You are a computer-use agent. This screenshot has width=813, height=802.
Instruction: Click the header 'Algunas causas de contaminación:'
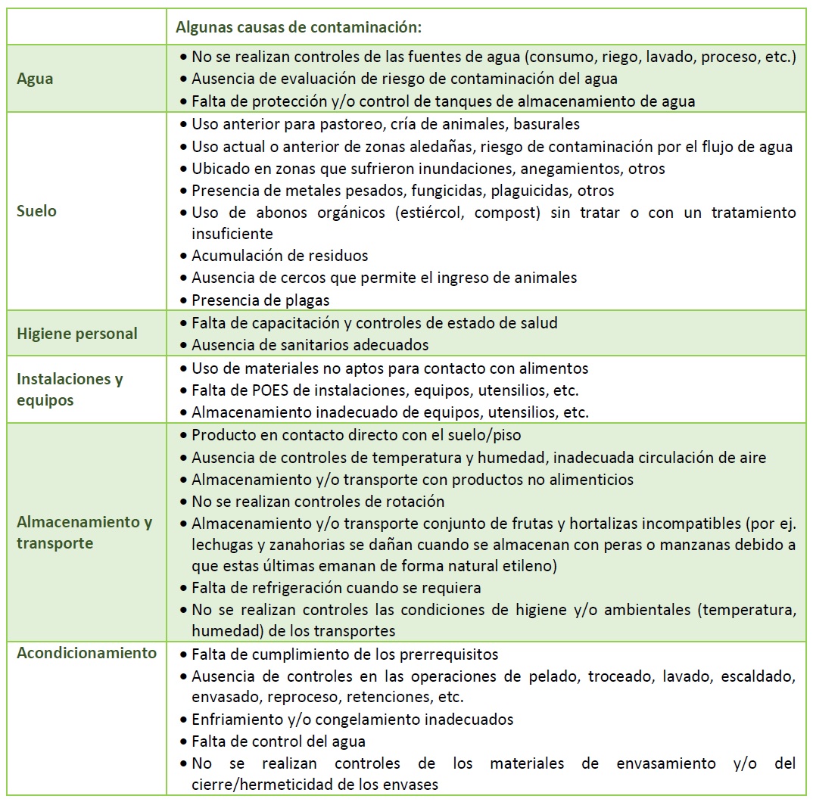click(x=298, y=27)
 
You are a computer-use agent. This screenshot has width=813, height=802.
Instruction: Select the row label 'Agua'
click(x=35, y=79)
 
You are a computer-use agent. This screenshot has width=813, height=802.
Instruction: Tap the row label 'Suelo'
click(x=36, y=211)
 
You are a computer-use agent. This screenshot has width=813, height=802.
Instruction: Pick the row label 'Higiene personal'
click(x=77, y=334)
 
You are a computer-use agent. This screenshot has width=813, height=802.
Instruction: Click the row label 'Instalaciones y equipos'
click(x=70, y=390)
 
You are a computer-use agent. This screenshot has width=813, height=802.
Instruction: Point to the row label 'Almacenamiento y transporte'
click(x=84, y=533)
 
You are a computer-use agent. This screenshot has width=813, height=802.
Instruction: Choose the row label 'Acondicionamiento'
click(x=86, y=653)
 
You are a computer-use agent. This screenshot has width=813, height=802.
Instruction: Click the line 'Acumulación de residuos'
click(x=279, y=256)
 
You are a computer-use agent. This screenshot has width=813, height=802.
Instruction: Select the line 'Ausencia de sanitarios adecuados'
click(x=310, y=345)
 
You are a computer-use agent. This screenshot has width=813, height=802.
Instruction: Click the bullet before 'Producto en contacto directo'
click(x=184, y=436)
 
